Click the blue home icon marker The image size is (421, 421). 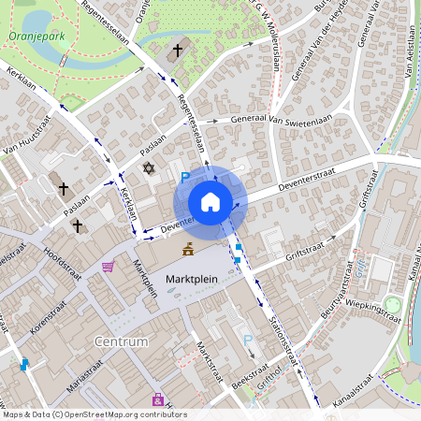click(x=210, y=202)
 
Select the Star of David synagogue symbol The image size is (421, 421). click(x=147, y=168)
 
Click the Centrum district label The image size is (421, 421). click(x=122, y=341)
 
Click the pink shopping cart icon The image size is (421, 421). click(x=109, y=267)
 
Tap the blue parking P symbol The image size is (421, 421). click(x=185, y=177)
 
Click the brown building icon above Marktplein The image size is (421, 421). click(x=188, y=249)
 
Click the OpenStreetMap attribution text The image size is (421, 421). click(x=94, y=414)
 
